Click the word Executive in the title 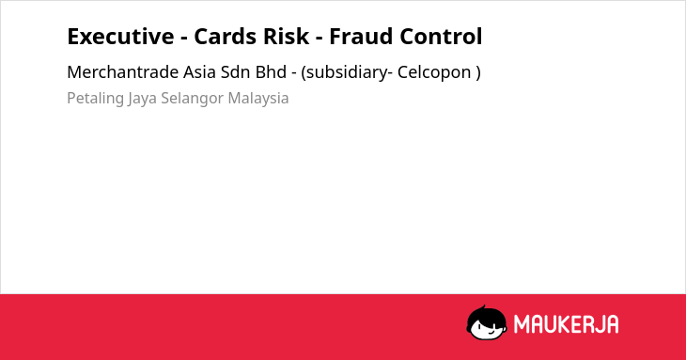120,37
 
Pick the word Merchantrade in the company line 122,72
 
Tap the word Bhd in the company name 272,72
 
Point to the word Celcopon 434,72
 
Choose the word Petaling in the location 95,99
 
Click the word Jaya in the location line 142,99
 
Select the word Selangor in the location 192,99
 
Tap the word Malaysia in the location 258,99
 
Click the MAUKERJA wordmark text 566,324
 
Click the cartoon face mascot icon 487,322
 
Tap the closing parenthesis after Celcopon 478,72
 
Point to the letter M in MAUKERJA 522,324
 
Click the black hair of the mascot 486,313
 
